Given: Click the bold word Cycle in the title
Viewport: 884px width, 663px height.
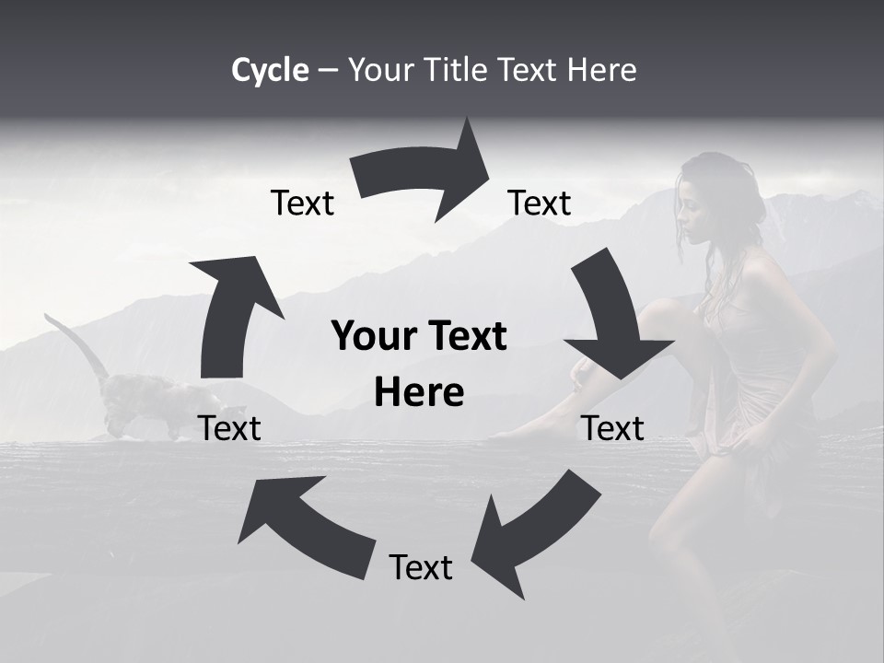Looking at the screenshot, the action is tap(270, 70).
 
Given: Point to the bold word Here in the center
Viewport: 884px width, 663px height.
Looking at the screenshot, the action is tap(419, 392).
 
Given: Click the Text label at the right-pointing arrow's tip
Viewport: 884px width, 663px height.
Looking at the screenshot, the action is tap(540, 203).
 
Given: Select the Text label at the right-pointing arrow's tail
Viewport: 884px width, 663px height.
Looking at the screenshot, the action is tap(302, 203).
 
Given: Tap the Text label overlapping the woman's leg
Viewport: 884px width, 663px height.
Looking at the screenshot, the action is tap(613, 428).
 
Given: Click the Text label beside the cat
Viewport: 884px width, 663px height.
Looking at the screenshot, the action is tap(229, 428).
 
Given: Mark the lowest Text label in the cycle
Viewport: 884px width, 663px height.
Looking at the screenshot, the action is tap(421, 567).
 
